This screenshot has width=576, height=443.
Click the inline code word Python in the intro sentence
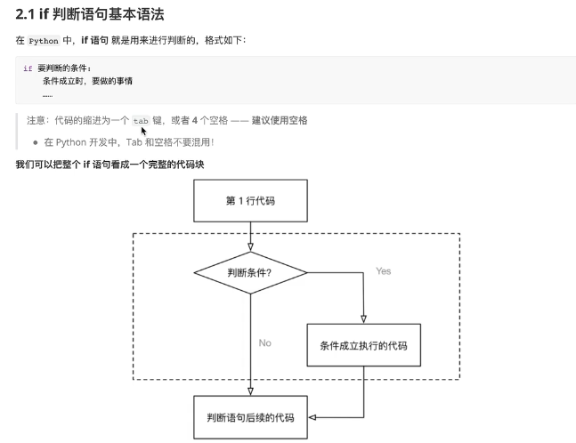44,41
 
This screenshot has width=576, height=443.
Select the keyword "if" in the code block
28,68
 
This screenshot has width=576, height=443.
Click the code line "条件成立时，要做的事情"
87,81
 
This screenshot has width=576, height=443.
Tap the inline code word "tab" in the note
141,120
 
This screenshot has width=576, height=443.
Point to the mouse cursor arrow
142,130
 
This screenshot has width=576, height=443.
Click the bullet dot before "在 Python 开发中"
36,141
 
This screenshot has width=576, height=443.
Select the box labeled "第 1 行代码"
250,200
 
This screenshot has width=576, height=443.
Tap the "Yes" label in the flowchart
384,270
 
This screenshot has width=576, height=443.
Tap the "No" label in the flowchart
264,342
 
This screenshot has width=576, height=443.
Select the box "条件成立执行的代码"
363,344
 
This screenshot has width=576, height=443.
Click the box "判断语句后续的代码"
250,416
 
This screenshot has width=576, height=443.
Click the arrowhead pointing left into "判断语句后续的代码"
312,416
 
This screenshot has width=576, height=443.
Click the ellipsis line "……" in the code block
47,93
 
